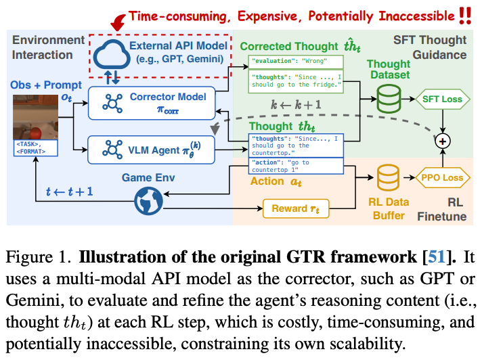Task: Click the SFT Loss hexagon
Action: tap(443, 99)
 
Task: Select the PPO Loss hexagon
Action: tap(443, 179)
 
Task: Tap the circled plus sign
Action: tap(443, 140)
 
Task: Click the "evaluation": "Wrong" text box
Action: tap(296, 62)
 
